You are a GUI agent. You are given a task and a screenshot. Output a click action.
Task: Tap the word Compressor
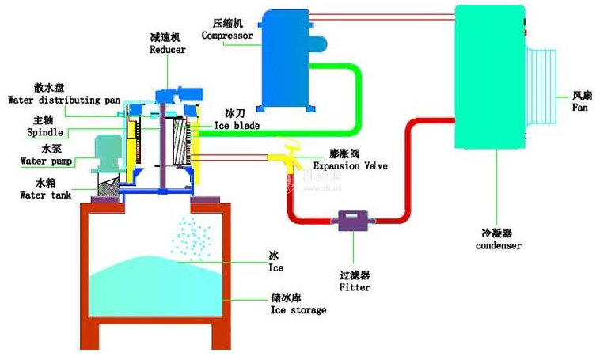click(227, 36)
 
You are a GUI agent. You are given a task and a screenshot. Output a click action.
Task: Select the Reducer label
click(168, 49)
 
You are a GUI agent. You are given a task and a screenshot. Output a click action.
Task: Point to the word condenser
click(498, 245)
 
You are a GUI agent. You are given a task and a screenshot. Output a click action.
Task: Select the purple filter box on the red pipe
click(349, 221)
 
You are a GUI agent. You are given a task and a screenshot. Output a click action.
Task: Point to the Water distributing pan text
click(63, 100)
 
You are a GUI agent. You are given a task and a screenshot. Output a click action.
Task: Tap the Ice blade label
click(236, 126)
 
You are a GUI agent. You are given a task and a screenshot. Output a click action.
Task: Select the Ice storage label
click(298, 310)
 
